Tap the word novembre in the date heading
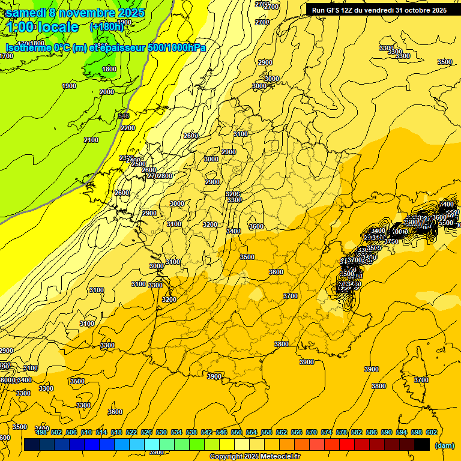click(90, 12)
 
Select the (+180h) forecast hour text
click(107, 26)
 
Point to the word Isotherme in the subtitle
click(28, 47)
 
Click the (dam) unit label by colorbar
click(445, 445)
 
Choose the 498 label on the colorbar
click(41, 432)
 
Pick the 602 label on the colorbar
click(431, 432)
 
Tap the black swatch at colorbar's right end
click(423, 445)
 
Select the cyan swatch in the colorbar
click(152, 445)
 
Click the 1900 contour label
click(69, 86)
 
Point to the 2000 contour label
click(107, 92)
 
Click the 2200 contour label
click(128, 128)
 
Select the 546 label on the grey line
click(124, 116)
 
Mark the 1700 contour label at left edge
click(6, 56)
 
